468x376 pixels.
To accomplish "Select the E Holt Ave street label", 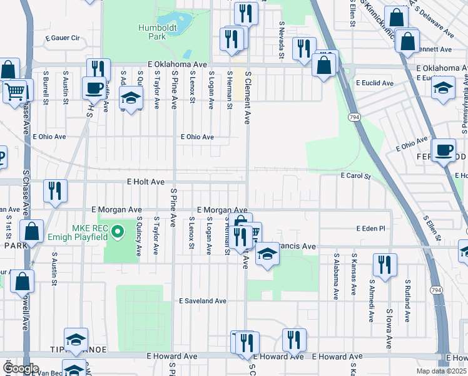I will (145, 182).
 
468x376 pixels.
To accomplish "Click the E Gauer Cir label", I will (62, 38).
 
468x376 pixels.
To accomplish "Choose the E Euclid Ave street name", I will (374, 83).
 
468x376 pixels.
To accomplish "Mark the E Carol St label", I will (355, 177).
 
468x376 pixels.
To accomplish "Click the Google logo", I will (21, 368).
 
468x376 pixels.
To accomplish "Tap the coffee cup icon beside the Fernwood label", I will (444, 150).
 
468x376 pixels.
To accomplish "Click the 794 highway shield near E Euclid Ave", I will (352, 117).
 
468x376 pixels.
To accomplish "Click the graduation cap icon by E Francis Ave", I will (267, 254).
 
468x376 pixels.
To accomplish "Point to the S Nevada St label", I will (282, 41).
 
